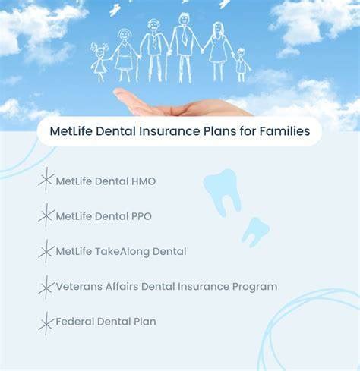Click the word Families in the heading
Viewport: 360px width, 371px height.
285,131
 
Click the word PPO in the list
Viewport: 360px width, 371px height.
141,216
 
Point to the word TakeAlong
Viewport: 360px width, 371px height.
122,252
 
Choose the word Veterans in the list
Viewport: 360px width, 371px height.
79,287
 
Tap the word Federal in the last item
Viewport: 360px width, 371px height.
75,322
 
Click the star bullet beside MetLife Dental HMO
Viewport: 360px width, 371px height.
46,179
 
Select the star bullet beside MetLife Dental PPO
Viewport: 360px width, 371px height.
46,215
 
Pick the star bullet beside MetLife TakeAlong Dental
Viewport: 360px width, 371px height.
46,251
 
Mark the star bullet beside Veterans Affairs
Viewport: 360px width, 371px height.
46,288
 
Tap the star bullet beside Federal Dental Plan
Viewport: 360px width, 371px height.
46,324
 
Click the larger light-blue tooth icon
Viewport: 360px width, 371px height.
223,192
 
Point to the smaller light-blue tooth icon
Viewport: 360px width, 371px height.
255,231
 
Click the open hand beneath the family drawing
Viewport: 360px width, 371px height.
182,104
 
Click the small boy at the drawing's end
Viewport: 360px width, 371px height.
242,65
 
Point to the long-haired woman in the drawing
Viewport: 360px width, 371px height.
217,52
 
